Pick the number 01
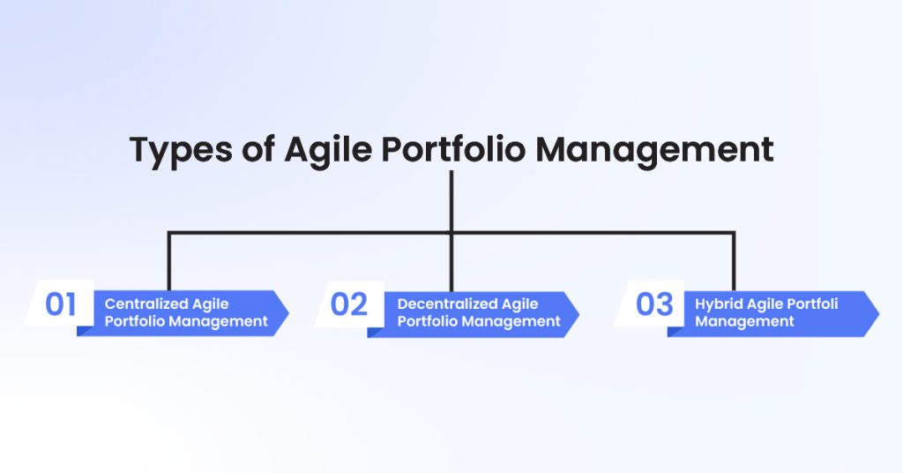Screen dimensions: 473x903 [x=61, y=304]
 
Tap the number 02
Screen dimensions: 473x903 [x=348, y=304]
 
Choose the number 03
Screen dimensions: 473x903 [x=654, y=304]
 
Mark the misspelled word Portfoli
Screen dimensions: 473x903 [x=810, y=304]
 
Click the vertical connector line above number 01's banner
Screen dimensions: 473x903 [x=168, y=261]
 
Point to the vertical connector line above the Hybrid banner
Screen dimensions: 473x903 [x=734, y=261]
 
